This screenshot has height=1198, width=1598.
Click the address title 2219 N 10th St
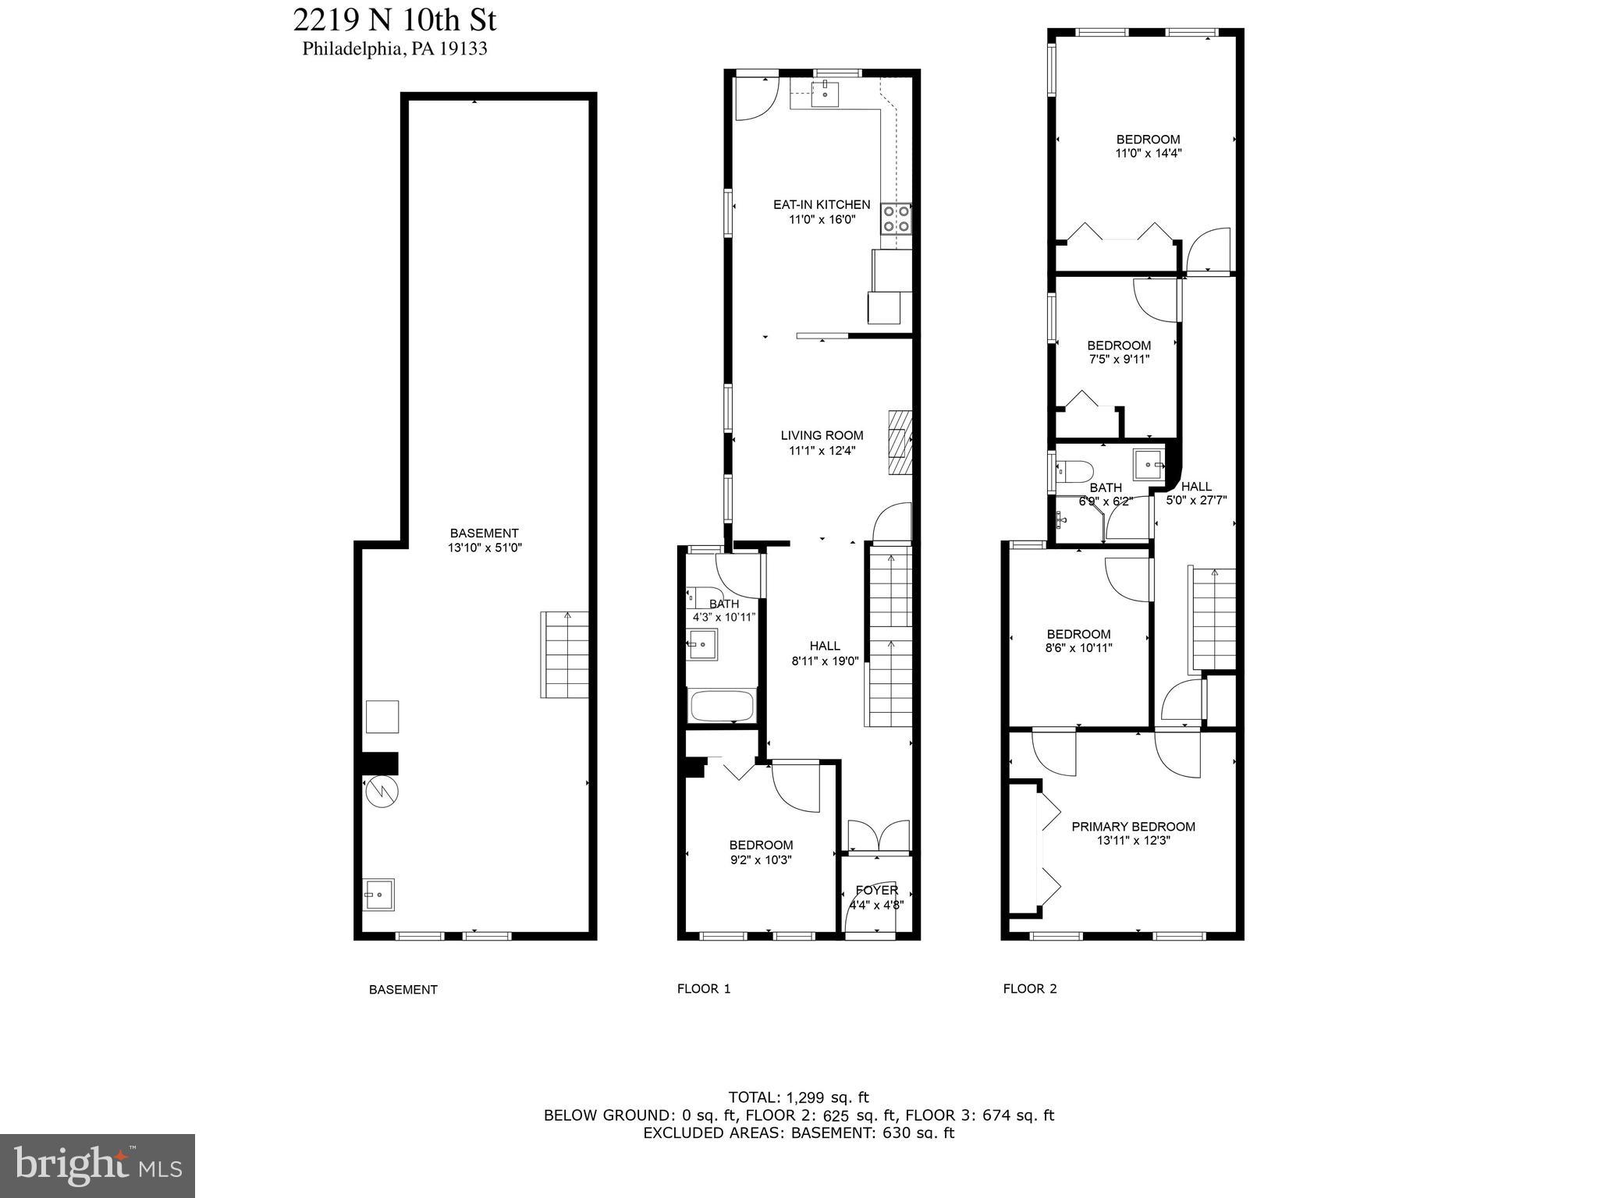point(394,19)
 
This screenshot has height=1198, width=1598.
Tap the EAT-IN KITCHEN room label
point(822,204)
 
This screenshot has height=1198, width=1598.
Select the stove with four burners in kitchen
point(896,218)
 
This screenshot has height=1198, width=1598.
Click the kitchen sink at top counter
point(824,94)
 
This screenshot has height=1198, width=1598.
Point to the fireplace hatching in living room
point(900,442)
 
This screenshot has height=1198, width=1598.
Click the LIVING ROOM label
point(822,435)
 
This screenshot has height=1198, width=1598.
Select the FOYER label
point(876,890)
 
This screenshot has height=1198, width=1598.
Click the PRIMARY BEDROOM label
point(1133,827)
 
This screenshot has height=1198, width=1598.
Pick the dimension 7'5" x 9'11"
point(1119,360)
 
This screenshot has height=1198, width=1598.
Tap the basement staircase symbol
point(565,654)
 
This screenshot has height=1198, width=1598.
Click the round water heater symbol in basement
point(382,792)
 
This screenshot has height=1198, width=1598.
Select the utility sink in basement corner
point(378,894)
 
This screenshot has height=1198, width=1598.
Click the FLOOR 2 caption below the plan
point(1029,989)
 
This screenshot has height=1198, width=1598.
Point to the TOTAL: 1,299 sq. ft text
point(798,1097)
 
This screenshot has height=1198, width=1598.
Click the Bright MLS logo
point(98,1166)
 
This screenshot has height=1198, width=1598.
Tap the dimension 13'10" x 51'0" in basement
point(484,548)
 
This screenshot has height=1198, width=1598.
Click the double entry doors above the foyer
point(878,835)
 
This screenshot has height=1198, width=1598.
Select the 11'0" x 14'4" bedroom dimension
point(1148,154)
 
